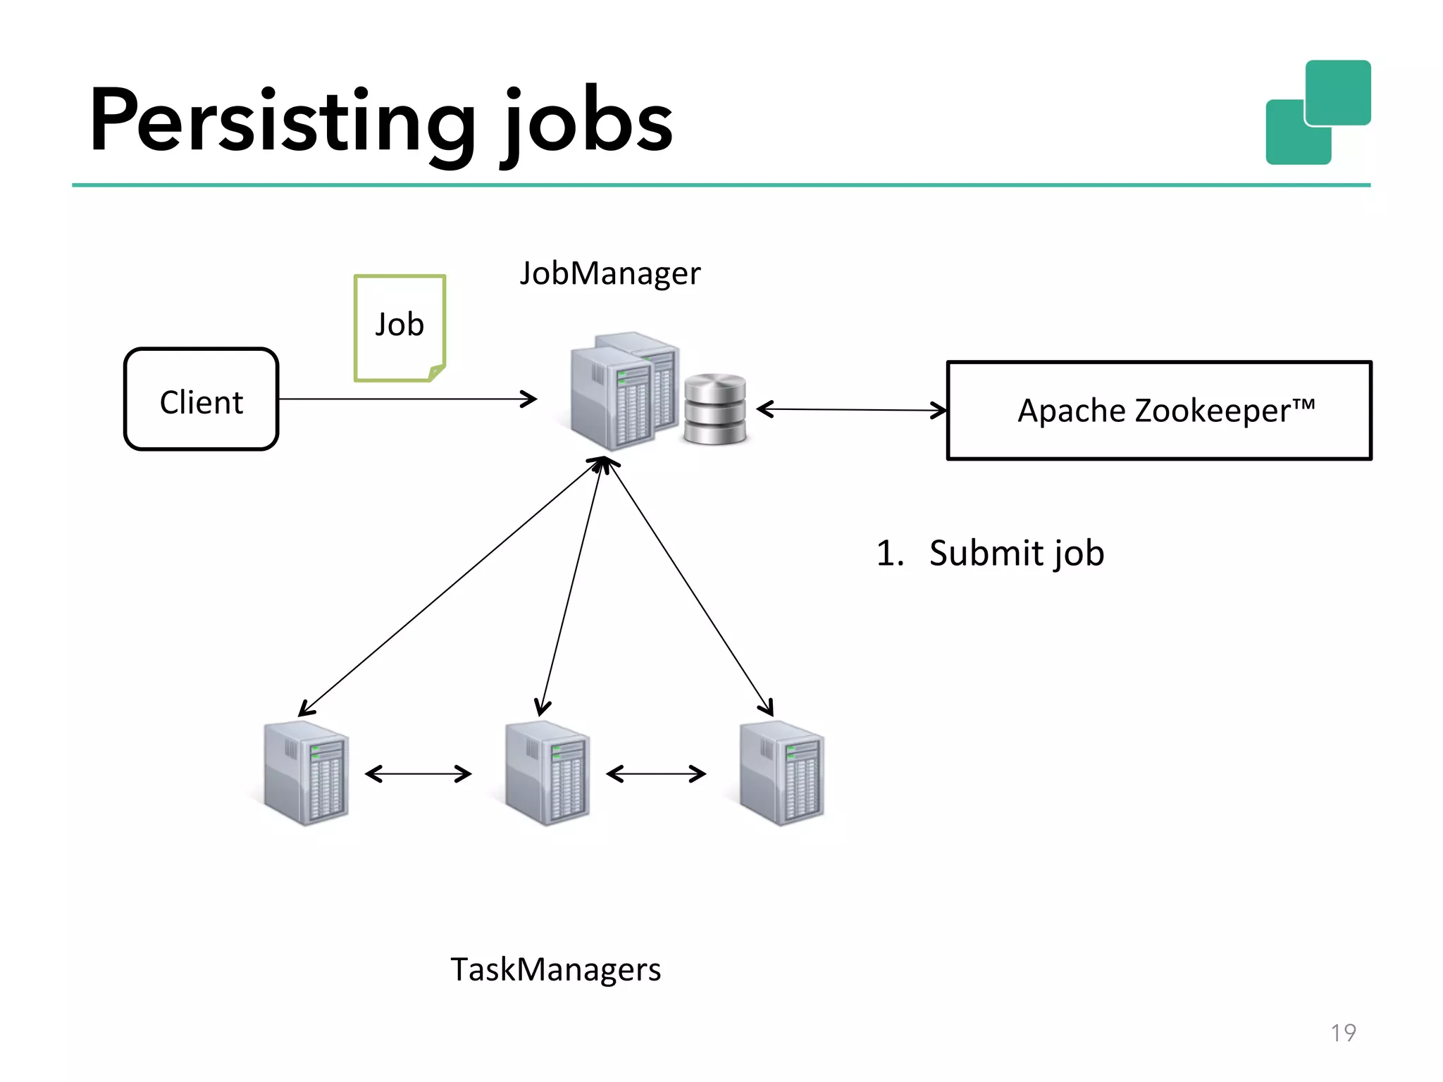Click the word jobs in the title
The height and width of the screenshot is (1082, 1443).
[x=588, y=121]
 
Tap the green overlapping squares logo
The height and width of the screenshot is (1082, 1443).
[x=1318, y=113]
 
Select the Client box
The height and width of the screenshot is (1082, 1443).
[x=202, y=399]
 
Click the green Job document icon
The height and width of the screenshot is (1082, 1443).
[x=400, y=328]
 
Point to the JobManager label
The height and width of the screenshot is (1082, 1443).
[x=610, y=273]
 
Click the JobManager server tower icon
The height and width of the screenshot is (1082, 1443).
[x=620, y=391]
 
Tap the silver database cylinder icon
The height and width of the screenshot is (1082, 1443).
[x=714, y=409]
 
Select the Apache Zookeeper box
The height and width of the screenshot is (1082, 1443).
[x=1159, y=410]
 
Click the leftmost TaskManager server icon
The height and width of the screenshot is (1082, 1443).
[x=306, y=773]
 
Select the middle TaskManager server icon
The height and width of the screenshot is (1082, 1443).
[x=547, y=773]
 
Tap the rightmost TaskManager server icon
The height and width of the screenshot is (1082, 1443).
[x=781, y=773]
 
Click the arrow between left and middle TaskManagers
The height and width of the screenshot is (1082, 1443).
[x=419, y=774]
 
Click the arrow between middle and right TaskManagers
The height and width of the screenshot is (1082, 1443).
[x=656, y=774]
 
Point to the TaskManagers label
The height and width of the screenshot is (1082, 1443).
[x=555, y=970]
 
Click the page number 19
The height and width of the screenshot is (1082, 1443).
[x=1343, y=1033]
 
